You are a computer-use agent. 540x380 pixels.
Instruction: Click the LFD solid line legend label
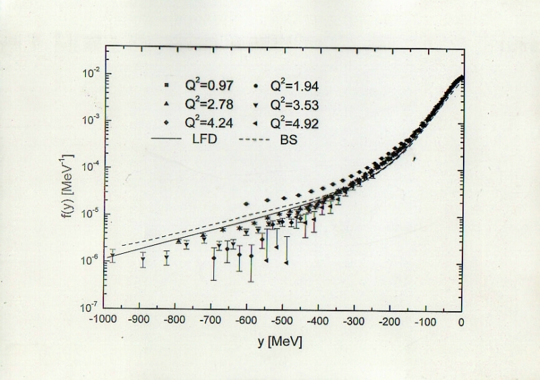tap(202, 142)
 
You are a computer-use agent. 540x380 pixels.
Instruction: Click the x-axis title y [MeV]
tap(279, 342)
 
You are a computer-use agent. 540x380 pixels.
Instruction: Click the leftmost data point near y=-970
tap(113, 257)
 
